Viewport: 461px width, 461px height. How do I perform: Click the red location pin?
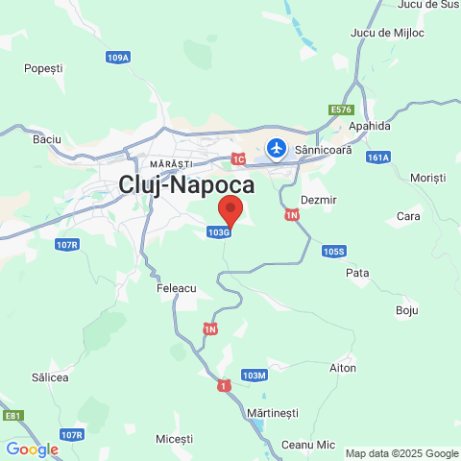pos(230,208)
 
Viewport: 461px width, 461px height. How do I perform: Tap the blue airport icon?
pos(278,149)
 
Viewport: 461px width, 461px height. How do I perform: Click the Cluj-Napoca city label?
pos(186,185)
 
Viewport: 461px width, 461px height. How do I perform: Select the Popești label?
pos(43,68)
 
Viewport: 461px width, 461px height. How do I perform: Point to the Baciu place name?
pos(47,139)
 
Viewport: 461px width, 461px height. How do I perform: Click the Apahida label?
pos(371,126)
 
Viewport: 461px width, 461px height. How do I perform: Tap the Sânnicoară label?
pos(324,150)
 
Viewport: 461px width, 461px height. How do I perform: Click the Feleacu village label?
pos(176,287)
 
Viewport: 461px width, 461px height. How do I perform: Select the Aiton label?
pos(343,368)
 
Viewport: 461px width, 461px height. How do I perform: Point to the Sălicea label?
pos(50,377)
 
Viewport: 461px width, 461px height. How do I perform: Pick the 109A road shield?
pos(118,58)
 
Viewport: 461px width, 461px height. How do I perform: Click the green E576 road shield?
pos(342,109)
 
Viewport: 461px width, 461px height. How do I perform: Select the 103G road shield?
pos(218,231)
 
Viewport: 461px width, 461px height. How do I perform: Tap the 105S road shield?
pos(333,252)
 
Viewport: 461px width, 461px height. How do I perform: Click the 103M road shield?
pos(254,375)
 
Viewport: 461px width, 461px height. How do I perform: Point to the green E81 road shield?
pos(12,416)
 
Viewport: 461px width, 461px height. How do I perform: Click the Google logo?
pos(32,449)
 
